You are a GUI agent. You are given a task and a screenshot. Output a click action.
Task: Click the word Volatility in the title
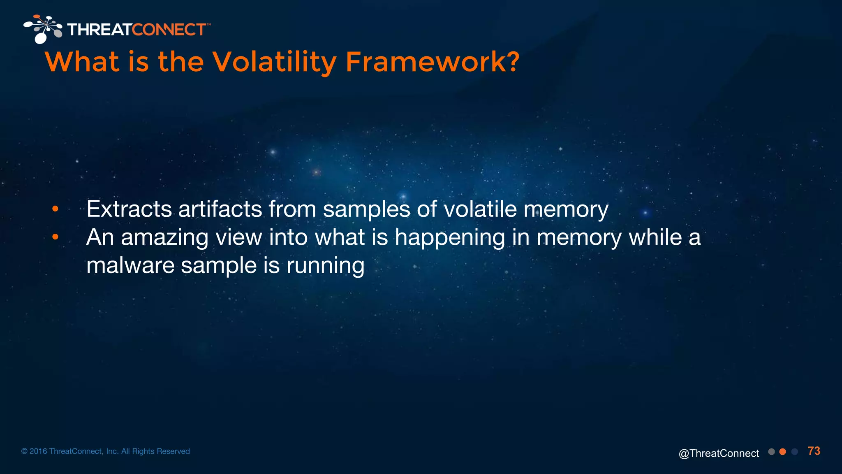point(274,63)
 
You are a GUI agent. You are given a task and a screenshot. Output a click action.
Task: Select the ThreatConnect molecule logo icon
point(43,29)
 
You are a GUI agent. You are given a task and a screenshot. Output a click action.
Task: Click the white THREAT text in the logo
point(99,30)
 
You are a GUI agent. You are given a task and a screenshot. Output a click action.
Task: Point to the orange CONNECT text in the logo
point(169,30)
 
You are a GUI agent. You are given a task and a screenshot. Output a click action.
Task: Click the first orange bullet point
point(56,209)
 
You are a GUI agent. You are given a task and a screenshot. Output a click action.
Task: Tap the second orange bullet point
point(56,237)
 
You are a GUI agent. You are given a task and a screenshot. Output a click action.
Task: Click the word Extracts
point(129,209)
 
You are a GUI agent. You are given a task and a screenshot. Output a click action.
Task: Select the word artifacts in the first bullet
point(220,209)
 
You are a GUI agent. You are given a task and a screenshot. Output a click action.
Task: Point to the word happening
point(450,238)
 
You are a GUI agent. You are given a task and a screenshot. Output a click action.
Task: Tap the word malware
point(130,265)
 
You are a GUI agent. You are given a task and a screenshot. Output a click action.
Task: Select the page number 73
point(814,451)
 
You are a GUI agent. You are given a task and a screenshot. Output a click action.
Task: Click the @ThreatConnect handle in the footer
point(719,453)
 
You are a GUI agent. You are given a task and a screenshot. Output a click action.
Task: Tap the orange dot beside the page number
point(783,452)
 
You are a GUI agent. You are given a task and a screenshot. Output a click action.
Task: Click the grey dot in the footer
point(771,452)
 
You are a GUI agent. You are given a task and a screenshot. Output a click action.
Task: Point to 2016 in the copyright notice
point(38,451)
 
